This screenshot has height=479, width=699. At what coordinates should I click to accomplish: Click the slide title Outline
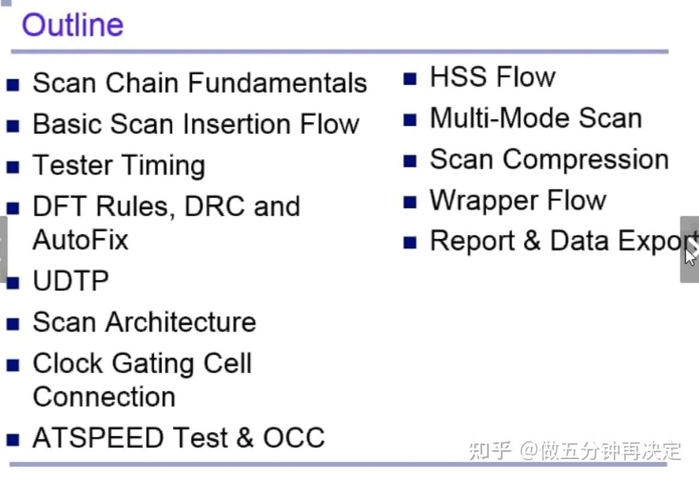73,25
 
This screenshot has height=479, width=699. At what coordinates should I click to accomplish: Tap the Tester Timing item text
119,166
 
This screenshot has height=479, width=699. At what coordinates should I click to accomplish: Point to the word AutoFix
80,240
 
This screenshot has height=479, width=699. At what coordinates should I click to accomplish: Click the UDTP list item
71,281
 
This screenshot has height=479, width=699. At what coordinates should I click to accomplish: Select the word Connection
104,397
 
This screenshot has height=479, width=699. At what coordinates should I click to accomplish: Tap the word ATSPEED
98,438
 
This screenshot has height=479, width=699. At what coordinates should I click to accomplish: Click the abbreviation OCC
294,438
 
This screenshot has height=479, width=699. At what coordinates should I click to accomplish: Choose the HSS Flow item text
492,78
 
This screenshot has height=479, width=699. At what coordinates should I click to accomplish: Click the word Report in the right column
471,242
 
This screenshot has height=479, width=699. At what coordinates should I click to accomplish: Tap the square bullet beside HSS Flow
410,79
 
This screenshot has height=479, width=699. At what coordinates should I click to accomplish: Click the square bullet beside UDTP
13,282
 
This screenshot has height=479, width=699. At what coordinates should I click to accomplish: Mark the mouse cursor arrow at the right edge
691,255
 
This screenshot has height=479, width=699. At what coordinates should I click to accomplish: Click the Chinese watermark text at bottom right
575,450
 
